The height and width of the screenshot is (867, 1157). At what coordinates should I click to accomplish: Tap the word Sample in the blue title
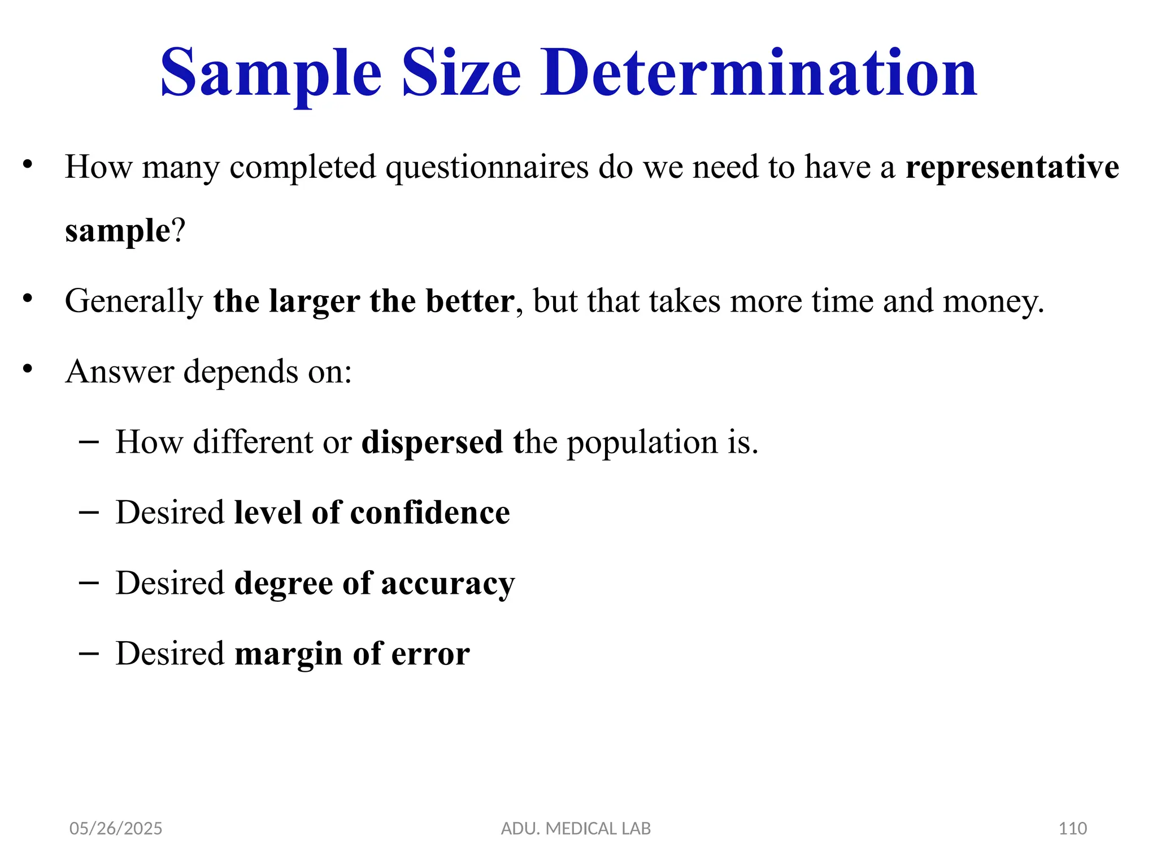(271, 73)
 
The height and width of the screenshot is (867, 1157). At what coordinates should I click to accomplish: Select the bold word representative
(1012, 167)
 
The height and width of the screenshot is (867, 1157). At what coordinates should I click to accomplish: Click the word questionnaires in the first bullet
(487, 168)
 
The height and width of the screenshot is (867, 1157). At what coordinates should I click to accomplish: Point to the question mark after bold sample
(179, 230)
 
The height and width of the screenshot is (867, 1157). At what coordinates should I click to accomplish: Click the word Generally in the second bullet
(134, 301)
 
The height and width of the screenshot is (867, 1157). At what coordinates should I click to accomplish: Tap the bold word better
(469, 300)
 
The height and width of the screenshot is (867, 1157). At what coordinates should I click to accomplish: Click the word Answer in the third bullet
(119, 371)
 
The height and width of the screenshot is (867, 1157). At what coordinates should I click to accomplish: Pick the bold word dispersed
(432, 442)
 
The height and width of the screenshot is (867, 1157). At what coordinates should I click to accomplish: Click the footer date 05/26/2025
(115, 828)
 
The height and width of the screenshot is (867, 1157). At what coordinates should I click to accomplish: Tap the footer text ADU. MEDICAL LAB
(576, 828)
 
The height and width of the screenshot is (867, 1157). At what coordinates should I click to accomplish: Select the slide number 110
(1072, 828)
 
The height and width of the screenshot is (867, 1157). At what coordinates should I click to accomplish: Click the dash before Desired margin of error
(89, 653)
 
